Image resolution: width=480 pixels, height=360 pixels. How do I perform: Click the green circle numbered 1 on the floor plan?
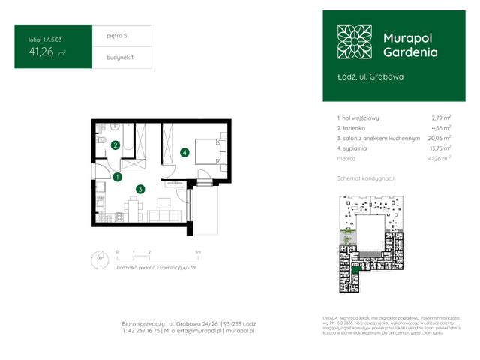[118, 178]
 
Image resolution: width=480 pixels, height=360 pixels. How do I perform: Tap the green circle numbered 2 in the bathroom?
[115, 145]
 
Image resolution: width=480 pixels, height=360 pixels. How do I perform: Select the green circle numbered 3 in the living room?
[140, 190]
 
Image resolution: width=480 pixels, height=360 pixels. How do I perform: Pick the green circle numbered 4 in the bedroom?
[184, 153]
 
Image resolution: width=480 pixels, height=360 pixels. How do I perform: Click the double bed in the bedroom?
[208, 151]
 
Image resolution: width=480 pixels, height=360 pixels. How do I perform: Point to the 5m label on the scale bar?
[197, 252]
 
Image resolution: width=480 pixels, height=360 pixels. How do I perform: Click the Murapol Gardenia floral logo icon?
[354, 42]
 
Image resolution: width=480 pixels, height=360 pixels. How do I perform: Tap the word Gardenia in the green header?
[410, 52]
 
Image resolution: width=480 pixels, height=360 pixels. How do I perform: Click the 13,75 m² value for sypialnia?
[440, 149]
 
